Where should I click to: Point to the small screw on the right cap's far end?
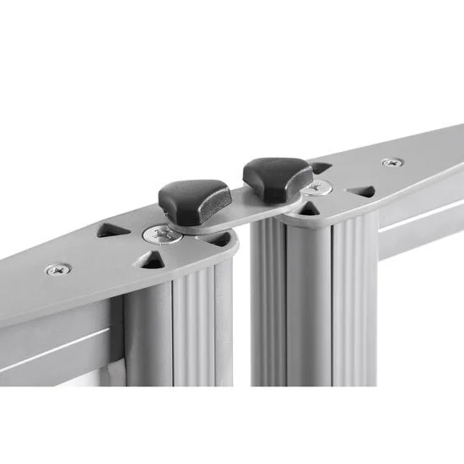(x=391, y=162)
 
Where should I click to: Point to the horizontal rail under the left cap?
(x=59, y=337)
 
